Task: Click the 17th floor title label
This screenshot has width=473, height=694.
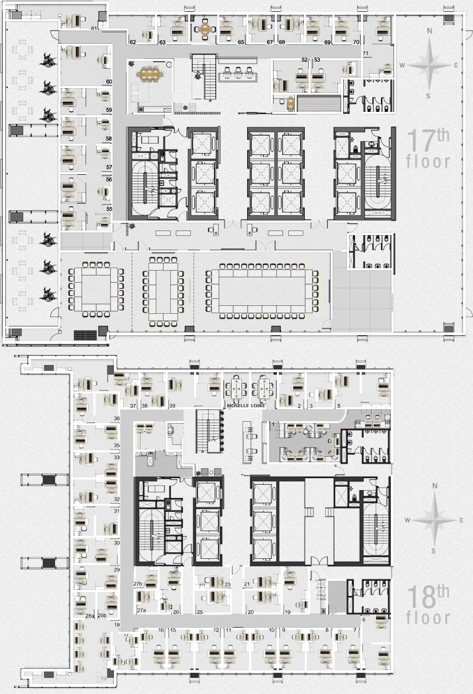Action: [x=429, y=150]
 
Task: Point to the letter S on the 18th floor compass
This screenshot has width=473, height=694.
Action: [x=433, y=550]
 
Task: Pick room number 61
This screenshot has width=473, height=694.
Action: [x=95, y=29]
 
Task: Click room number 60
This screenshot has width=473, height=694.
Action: [x=109, y=82]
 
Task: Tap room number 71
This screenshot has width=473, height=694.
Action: [x=365, y=53]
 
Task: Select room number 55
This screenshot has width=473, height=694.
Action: [x=109, y=209]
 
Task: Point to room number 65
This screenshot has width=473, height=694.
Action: [x=241, y=42]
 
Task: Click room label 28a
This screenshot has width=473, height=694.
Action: [x=90, y=616]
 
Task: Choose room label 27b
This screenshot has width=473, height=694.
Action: [x=138, y=584]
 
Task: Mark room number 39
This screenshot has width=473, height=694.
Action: [x=172, y=405]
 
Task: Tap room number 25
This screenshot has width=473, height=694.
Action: [x=199, y=612]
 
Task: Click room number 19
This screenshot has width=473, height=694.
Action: [x=288, y=612]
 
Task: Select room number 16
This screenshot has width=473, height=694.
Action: [x=162, y=630]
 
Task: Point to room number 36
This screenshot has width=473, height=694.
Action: [x=117, y=419]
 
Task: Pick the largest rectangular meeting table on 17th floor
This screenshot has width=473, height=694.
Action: [x=263, y=291]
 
